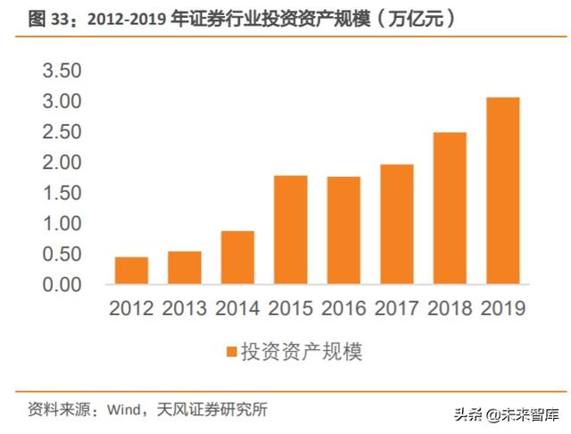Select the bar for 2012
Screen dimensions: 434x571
pos(131,271)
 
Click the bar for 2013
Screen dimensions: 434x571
pos(185,268)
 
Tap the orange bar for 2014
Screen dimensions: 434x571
pos(237,257)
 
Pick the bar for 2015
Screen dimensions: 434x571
pos(291,230)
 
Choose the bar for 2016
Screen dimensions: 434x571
pos(343,230)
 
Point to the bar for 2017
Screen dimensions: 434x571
pos(397,224)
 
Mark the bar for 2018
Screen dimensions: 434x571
pos(450,208)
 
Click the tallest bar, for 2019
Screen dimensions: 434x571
pos(503,190)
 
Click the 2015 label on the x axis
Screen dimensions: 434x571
pos(291,309)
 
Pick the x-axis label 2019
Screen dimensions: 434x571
pos(503,309)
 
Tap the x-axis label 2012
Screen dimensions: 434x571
pos(131,309)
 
